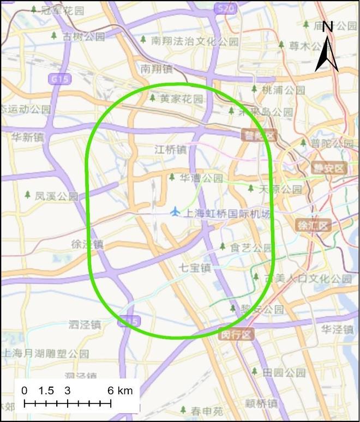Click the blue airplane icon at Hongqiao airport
coord(175,211)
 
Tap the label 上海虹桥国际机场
coord(226,214)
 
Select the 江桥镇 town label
coord(171,149)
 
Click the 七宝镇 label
coord(195,268)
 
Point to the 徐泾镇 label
coord(87,244)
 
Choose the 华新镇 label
coord(27,137)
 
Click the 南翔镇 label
coord(156,69)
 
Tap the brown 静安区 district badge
coord(329,168)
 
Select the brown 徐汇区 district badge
coord(314,225)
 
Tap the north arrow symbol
coord(327,55)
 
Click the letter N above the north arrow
coord(328,27)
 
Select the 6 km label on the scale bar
coord(120,390)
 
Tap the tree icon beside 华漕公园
coord(172,177)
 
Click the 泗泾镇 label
coord(85,325)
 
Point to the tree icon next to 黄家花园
coord(153,98)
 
